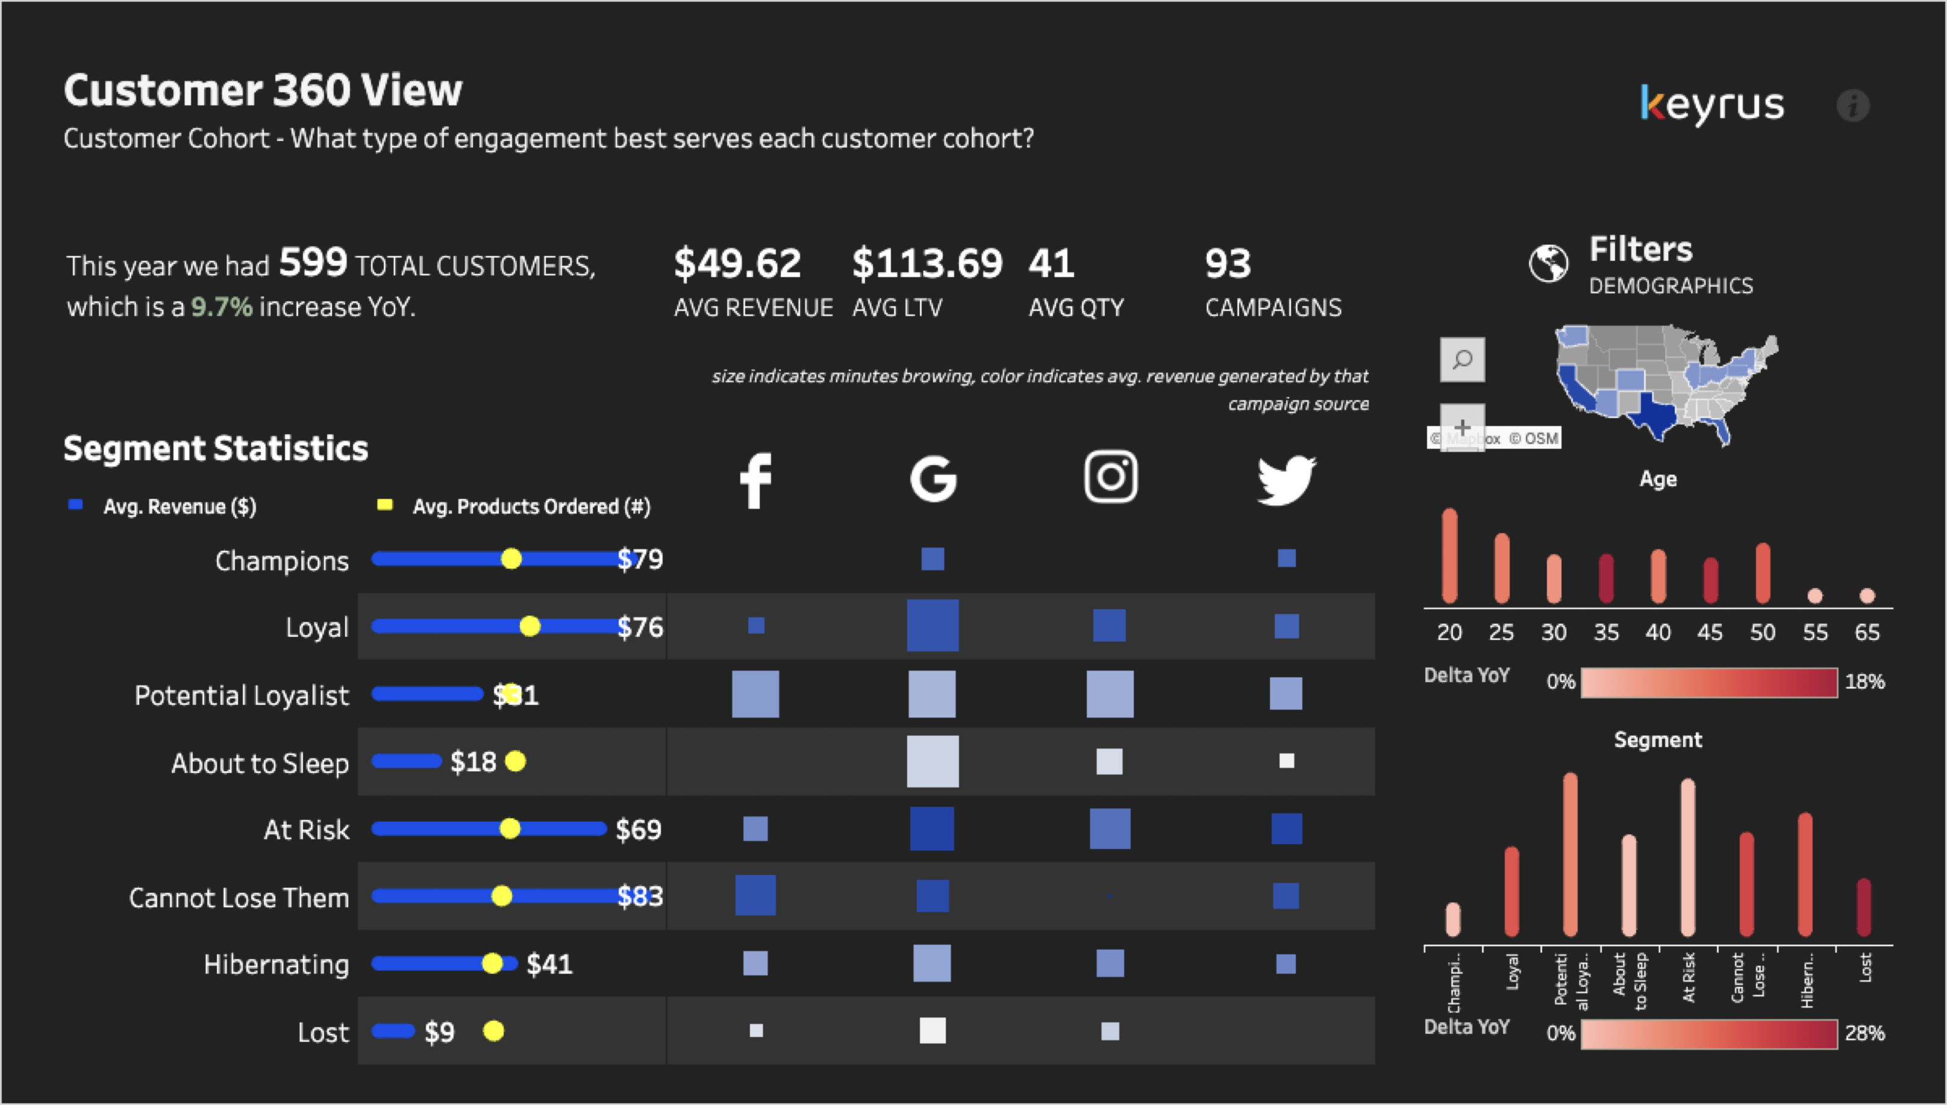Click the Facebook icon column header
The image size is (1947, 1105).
click(755, 480)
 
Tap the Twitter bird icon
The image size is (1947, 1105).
click(1286, 480)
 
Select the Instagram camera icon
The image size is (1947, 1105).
click(1110, 477)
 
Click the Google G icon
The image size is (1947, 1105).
click(933, 479)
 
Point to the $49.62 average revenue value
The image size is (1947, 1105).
click(737, 263)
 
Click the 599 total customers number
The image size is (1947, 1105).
click(313, 263)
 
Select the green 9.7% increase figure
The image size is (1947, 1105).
click(221, 307)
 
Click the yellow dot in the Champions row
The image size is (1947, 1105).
click(511, 559)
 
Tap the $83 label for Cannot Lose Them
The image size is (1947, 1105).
click(640, 897)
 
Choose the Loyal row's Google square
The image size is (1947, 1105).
click(933, 625)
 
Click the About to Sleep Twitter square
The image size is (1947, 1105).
click(1286, 760)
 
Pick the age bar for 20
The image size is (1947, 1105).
click(1449, 556)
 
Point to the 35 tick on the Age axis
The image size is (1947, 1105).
click(1605, 632)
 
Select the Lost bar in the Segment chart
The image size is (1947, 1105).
click(1863, 907)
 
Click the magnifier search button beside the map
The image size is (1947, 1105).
click(1462, 359)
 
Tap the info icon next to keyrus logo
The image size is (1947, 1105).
click(1852, 105)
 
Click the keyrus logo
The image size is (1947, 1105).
click(1712, 105)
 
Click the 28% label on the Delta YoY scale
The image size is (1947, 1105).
click(1864, 1033)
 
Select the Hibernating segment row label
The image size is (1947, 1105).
click(276, 964)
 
